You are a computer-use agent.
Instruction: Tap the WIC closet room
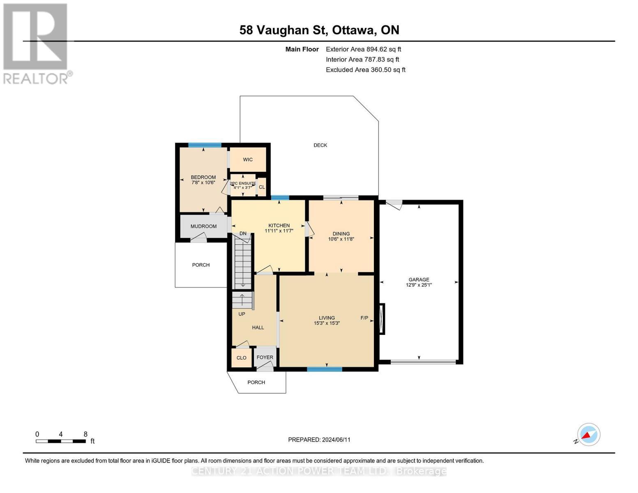(248, 159)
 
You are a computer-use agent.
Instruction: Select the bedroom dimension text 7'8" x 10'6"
(203, 182)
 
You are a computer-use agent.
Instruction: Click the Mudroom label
(203, 226)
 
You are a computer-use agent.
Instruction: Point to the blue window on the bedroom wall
(205, 145)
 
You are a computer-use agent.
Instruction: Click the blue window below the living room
(325, 369)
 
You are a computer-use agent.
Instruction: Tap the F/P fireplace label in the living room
(364, 318)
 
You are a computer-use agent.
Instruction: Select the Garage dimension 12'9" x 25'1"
(419, 285)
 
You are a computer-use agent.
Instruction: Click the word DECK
(320, 145)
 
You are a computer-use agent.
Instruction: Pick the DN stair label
(243, 233)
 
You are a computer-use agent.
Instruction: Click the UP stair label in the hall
(242, 314)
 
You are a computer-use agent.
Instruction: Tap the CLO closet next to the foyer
(242, 358)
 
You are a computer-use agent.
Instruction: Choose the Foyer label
(265, 357)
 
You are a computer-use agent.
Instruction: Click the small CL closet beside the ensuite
(262, 187)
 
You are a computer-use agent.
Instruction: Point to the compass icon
(588, 435)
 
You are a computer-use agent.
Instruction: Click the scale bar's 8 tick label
(85, 434)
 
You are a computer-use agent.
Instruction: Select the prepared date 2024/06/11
(336, 440)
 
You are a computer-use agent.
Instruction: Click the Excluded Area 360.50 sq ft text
(365, 70)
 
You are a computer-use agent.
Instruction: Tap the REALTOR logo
(36, 43)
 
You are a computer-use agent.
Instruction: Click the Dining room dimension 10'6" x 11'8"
(341, 239)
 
